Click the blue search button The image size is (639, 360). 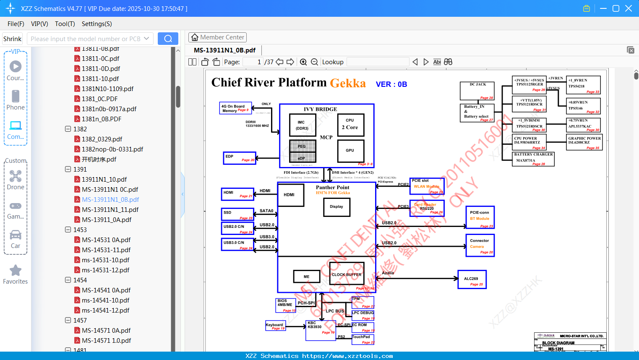(x=168, y=39)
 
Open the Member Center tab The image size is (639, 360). (x=217, y=37)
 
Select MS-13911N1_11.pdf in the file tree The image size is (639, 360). (x=110, y=209)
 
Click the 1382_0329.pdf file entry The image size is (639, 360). (x=102, y=139)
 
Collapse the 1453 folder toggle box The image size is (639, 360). (x=68, y=230)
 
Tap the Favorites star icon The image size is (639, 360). (x=16, y=271)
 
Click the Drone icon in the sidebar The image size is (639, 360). (x=16, y=176)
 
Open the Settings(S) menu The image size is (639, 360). (x=97, y=24)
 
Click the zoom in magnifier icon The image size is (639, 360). (x=303, y=62)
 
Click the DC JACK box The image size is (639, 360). (x=477, y=91)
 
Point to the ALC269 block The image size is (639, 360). (x=472, y=280)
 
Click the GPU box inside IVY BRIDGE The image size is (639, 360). (x=350, y=151)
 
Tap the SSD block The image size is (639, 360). (x=237, y=214)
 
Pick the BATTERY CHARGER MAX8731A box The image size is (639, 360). (x=533, y=159)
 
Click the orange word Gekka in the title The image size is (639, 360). (x=348, y=83)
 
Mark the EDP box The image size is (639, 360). (x=239, y=158)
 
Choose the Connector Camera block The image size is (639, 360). (x=480, y=245)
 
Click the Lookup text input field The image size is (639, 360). (x=378, y=62)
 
